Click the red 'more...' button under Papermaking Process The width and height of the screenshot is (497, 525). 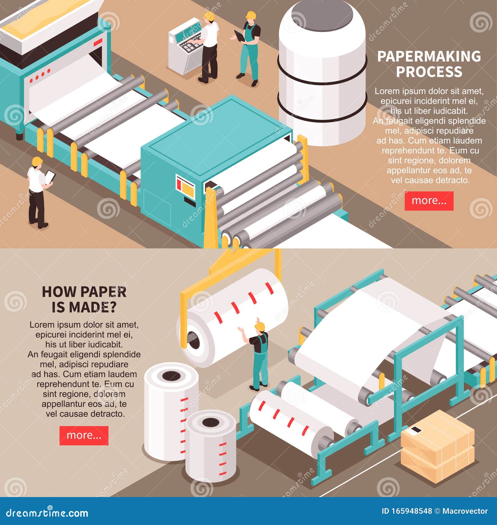[x=429, y=201]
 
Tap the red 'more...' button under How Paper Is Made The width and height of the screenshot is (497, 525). [x=84, y=435]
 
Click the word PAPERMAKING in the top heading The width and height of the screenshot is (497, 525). [x=429, y=56]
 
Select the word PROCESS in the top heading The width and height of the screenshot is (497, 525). [x=429, y=72]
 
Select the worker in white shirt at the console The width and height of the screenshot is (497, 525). [x=209, y=47]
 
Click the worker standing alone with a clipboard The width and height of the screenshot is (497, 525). [x=38, y=193]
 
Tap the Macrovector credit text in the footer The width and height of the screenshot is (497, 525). [x=465, y=511]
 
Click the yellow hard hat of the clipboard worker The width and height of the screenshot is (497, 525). [x=37, y=161]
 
